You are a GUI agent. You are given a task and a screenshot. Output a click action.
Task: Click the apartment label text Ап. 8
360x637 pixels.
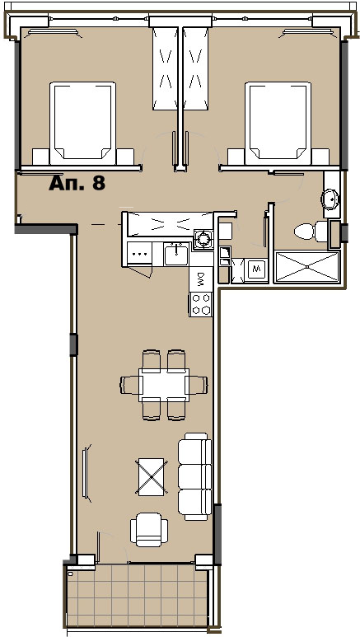point(77,182)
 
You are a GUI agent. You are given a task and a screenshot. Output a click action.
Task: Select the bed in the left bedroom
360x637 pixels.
point(82,120)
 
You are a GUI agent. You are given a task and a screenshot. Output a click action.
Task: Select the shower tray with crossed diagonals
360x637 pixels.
point(307,267)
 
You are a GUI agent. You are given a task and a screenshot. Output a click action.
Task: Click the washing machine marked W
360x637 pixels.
point(255,269)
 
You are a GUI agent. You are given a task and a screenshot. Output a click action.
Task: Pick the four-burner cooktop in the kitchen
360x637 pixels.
point(200,304)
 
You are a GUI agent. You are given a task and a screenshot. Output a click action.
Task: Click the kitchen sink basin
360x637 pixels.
point(175,255)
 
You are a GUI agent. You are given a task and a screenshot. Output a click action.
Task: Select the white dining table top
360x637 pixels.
point(163,384)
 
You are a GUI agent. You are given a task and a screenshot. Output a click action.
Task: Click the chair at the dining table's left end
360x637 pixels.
point(130,384)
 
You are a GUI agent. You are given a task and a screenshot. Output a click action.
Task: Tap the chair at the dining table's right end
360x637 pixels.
point(197,384)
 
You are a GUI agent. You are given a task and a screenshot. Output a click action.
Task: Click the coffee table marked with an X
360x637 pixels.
point(152,476)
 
